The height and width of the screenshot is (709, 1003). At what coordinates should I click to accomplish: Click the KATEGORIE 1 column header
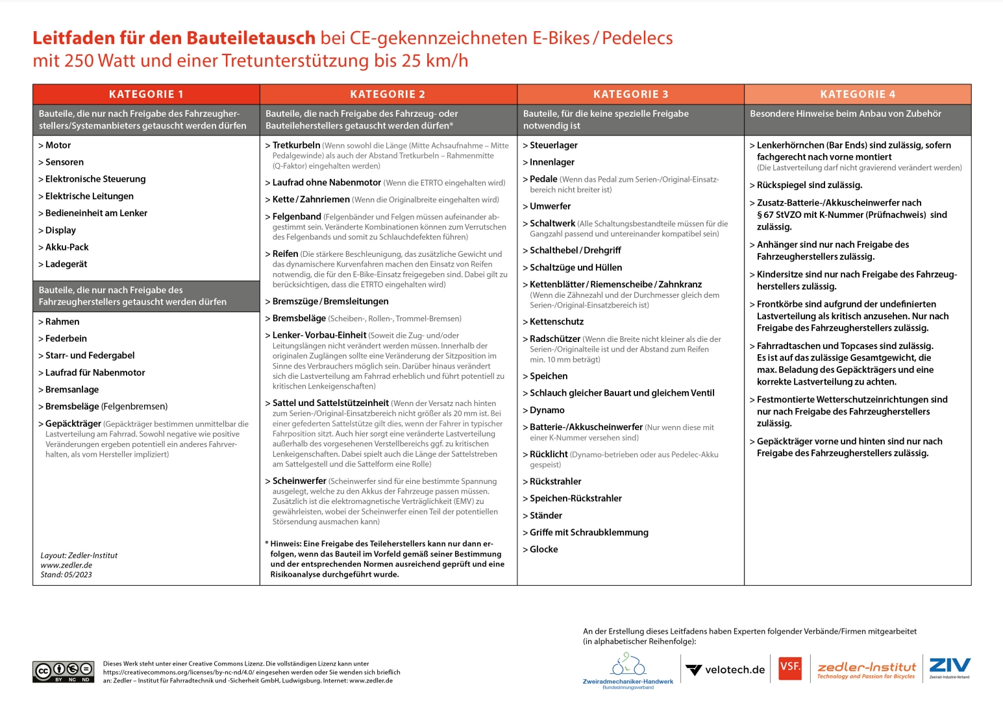(146, 94)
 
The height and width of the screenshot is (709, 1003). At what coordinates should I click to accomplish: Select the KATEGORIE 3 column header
(630, 94)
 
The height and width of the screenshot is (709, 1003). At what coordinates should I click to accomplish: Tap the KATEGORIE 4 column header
(858, 94)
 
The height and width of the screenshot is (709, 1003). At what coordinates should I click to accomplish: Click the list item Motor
(58, 145)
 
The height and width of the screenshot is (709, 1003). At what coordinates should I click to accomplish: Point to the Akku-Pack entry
(66, 247)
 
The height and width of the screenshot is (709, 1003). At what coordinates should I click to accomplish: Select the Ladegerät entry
(66, 264)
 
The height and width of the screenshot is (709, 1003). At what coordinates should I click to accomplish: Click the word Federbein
(66, 339)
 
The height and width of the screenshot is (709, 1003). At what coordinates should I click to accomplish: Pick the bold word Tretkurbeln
(296, 145)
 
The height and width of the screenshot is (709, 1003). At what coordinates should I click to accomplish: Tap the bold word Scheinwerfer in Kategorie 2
(299, 481)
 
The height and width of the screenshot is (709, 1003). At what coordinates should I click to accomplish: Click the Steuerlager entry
(553, 145)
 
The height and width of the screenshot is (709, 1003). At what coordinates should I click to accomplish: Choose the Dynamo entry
(547, 410)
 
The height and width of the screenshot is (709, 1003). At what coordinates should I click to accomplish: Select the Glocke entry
(543, 549)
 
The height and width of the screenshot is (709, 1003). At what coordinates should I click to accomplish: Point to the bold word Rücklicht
(549, 454)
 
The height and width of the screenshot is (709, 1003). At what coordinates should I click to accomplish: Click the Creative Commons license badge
(63, 671)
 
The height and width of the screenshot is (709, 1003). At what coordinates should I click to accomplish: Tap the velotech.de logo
(726, 670)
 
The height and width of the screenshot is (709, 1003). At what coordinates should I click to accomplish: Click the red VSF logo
(790, 667)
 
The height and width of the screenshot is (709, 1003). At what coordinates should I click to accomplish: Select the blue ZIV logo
(949, 666)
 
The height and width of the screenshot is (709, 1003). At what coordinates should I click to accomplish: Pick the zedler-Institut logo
(866, 670)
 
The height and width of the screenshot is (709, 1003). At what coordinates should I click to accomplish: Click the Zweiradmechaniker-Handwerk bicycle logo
(628, 671)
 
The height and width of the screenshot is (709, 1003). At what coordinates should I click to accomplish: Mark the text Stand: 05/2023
(66, 575)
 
